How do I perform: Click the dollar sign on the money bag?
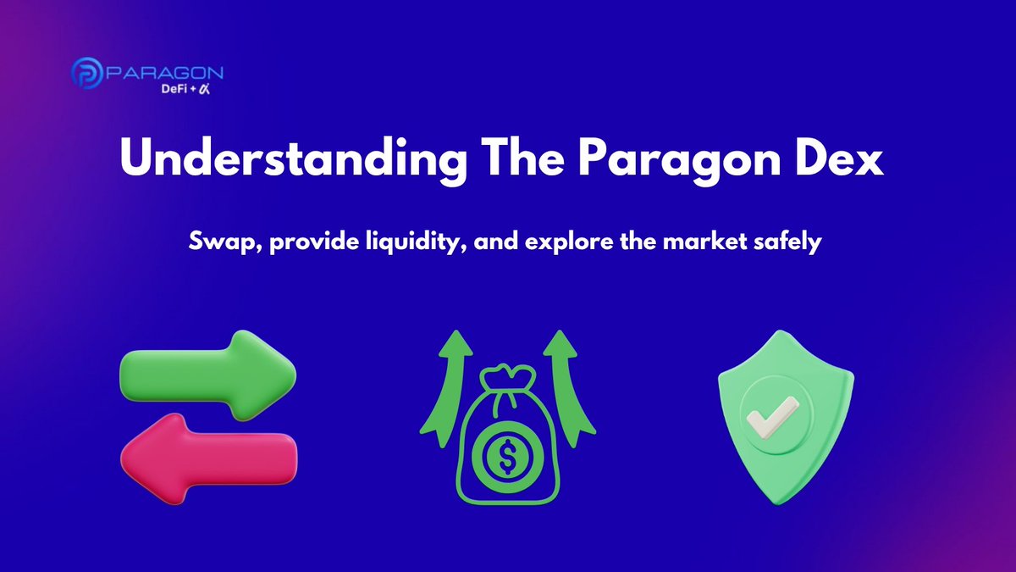pyautogui.click(x=506, y=458)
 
